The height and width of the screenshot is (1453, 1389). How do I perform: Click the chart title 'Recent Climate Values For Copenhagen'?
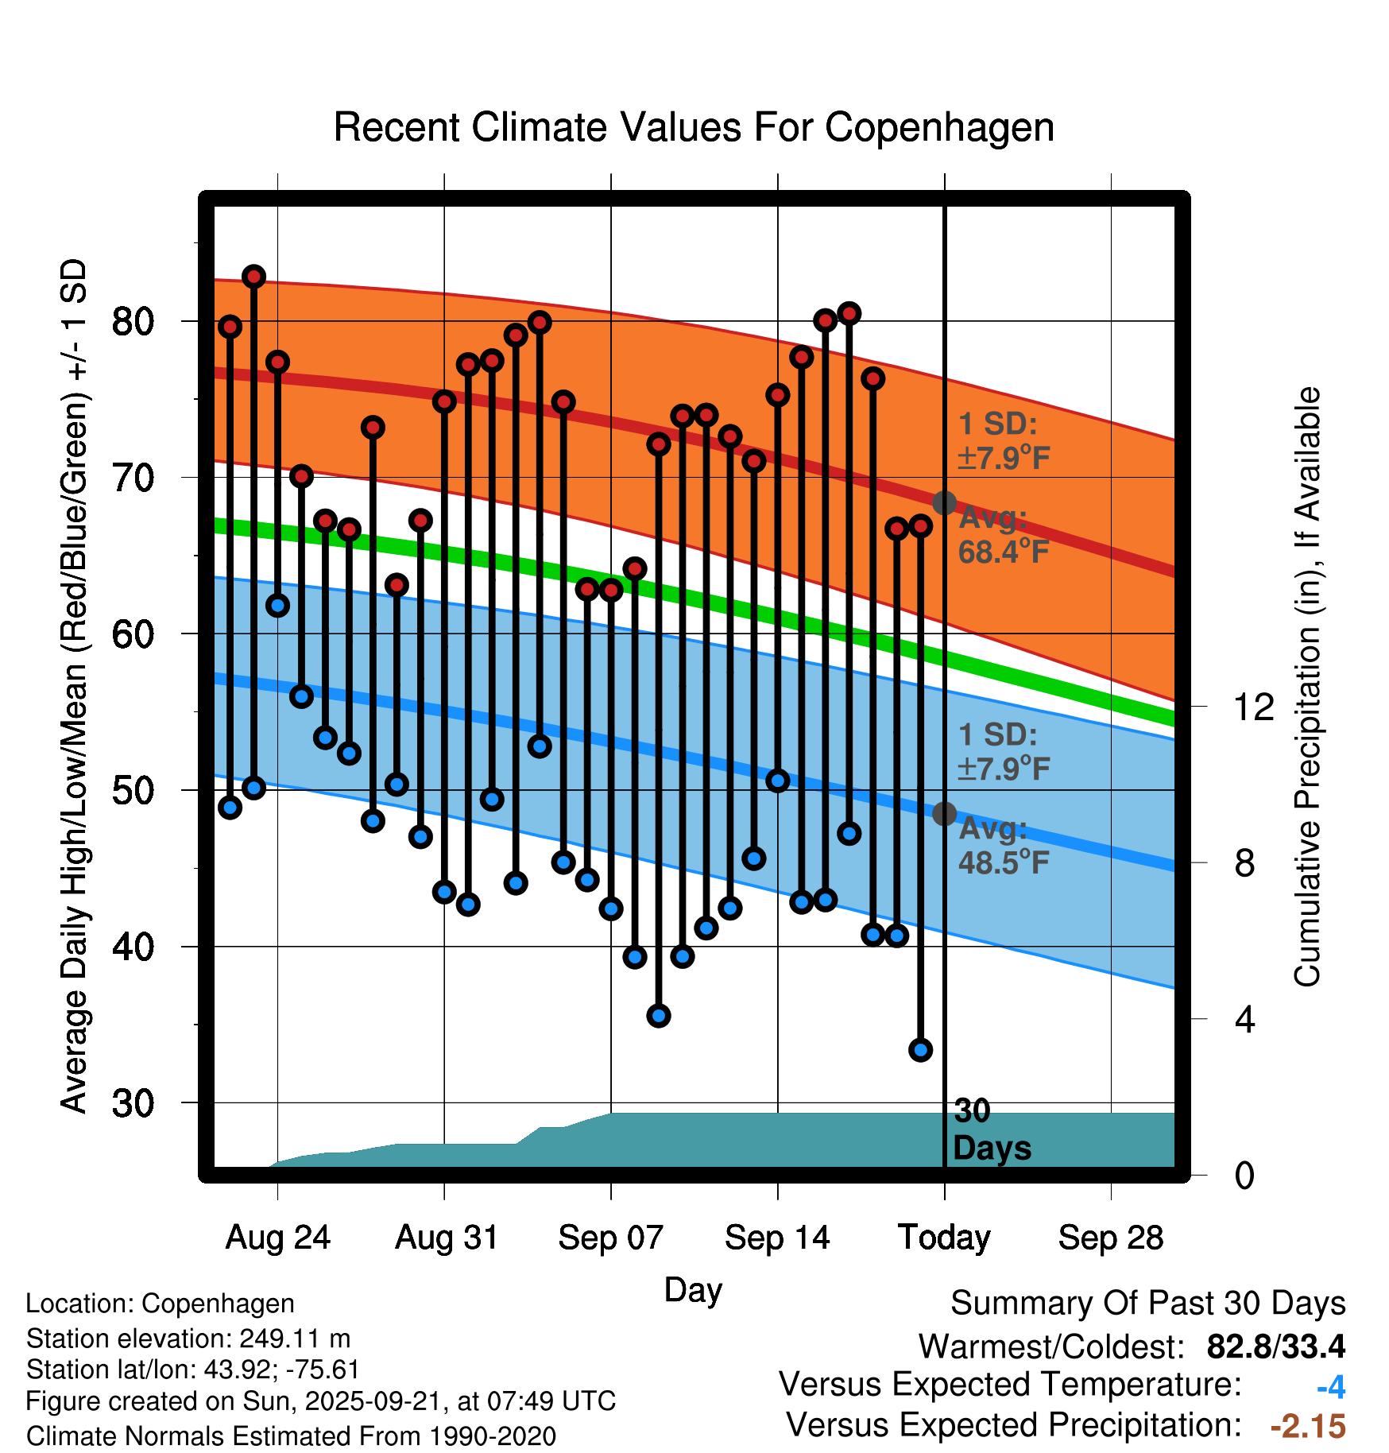pos(694,127)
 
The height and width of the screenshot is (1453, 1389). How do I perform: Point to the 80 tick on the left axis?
pos(133,321)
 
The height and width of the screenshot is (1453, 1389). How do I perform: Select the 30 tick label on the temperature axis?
pos(133,1103)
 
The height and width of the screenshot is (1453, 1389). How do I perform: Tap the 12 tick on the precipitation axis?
pos(1254,707)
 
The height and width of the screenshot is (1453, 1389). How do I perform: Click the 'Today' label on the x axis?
pos(944,1238)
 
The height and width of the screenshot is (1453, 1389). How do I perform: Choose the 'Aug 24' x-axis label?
pos(277,1238)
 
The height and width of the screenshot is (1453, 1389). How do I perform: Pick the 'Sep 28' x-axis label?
pos(1111,1238)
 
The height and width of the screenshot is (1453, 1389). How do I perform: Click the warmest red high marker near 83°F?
pos(253,277)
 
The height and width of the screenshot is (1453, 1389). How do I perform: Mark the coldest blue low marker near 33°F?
pos(921,1050)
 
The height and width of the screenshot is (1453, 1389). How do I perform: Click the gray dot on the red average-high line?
pos(944,502)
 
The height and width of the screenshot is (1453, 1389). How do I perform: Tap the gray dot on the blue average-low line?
pos(944,814)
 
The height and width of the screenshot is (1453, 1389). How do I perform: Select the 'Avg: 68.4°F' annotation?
pos(1004,535)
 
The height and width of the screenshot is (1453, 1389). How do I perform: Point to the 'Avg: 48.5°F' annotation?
pos(1004,846)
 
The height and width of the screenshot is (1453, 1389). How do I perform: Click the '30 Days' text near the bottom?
pos(991,1129)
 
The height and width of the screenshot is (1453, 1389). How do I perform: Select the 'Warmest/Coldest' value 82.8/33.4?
pos(1275,1346)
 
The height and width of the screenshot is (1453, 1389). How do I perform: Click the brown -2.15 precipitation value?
pos(1308,1426)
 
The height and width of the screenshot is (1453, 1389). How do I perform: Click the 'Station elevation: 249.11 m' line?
pos(188,1339)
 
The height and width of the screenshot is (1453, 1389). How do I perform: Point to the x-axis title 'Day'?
pos(693,1290)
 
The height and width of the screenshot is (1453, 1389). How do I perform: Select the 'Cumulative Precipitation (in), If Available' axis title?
pos(1307,688)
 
